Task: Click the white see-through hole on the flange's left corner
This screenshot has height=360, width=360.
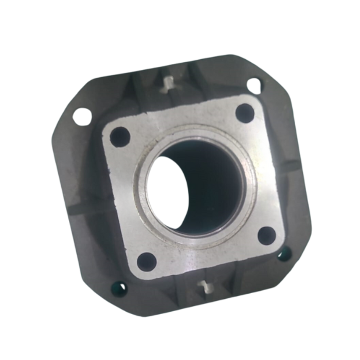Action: click(82, 116)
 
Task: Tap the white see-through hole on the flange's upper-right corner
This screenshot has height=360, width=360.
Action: click(254, 85)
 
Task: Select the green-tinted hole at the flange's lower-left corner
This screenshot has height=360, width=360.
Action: click(120, 288)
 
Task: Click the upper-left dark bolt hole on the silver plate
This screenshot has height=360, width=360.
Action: click(120, 136)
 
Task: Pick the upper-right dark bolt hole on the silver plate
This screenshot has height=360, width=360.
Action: click(245, 113)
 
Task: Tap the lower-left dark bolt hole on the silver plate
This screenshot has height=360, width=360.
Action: click(147, 261)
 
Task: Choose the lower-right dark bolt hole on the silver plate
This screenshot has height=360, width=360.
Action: click(266, 236)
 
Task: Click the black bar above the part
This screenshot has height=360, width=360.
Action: click(180, 15)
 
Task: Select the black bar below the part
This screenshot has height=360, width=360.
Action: click(180, 345)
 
